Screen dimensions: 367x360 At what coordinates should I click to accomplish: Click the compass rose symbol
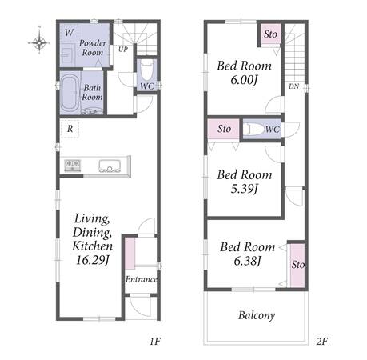[x=39, y=42]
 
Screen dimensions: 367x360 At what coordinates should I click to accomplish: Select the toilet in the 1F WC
[x=147, y=70]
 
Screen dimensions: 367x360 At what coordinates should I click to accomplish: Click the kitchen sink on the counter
[x=110, y=166]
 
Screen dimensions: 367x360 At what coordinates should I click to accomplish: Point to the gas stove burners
[x=72, y=165]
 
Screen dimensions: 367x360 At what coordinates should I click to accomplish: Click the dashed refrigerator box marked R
[x=70, y=129]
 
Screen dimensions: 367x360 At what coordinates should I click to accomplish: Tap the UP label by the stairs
[x=123, y=50]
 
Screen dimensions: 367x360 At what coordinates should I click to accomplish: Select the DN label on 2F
[x=293, y=86]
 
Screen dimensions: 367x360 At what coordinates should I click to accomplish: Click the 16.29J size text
[x=92, y=260]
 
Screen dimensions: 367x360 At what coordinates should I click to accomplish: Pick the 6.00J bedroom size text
[x=244, y=80]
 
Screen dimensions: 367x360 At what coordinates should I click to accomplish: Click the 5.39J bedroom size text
[x=244, y=189]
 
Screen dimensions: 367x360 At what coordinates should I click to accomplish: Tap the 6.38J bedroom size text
[x=247, y=261]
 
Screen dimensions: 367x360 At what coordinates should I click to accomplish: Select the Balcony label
[x=257, y=315]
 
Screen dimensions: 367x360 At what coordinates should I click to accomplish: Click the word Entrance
[x=141, y=279]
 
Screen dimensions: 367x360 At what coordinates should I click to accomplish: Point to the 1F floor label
[x=155, y=341]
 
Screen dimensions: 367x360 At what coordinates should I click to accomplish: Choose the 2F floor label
[x=321, y=341]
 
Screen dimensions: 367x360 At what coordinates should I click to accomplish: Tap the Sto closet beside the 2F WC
[x=223, y=129]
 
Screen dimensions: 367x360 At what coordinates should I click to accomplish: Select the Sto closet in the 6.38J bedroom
[x=297, y=265]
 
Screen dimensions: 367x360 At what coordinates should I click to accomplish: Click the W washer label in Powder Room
[x=69, y=33]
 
